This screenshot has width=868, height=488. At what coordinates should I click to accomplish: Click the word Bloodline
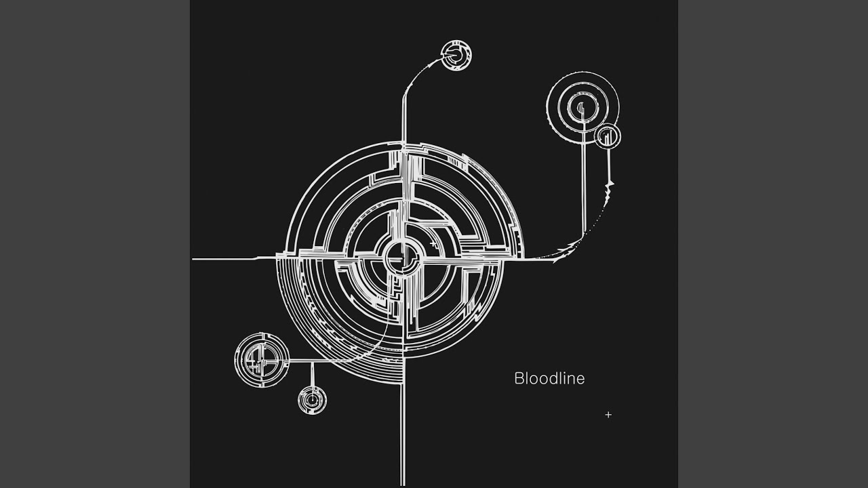(x=549, y=378)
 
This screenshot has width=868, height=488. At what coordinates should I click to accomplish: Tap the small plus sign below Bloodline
(x=608, y=415)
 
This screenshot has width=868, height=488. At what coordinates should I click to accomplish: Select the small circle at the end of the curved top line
(x=456, y=55)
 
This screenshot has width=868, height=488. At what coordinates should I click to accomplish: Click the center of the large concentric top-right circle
(x=583, y=108)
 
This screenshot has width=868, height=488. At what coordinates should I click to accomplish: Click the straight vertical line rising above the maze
(x=404, y=120)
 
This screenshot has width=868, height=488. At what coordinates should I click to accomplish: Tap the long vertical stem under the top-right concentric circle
(x=584, y=178)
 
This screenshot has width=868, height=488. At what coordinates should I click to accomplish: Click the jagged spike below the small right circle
(x=608, y=192)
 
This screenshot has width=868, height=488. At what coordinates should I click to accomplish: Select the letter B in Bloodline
(x=519, y=378)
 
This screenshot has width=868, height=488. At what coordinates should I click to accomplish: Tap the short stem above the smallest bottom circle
(x=312, y=374)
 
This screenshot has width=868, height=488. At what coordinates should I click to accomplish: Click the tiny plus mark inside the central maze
(x=433, y=243)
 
